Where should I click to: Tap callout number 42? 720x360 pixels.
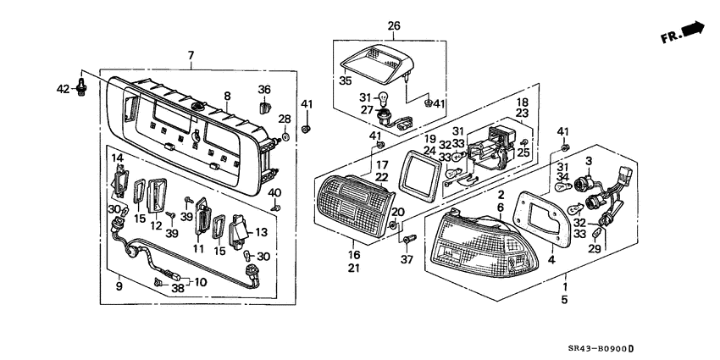[x=64, y=88]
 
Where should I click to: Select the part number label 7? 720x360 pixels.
[x=191, y=55]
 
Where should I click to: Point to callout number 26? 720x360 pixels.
[x=394, y=26]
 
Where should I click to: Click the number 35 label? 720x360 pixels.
[x=345, y=82]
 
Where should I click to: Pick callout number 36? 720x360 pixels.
[x=264, y=89]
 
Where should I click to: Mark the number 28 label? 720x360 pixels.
[x=285, y=119]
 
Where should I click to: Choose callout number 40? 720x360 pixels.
[x=274, y=192]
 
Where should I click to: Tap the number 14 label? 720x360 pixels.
[x=118, y=158]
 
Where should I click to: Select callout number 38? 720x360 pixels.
[x=178, y=289]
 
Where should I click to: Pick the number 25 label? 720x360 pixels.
[x=523, y=152]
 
